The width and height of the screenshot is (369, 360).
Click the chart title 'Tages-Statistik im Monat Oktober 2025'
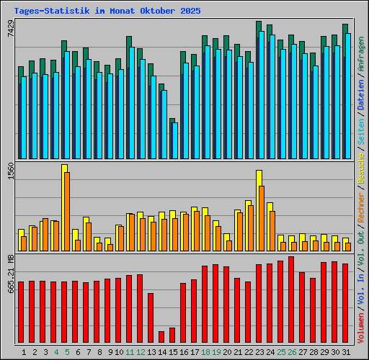pos(107,11)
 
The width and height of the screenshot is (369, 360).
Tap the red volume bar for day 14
pos(161,337)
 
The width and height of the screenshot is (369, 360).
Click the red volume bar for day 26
pos(291,300)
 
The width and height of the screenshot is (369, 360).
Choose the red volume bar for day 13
pos(151,318)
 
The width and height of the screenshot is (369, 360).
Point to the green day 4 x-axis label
pos(56,352)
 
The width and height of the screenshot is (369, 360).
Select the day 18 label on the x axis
pos(205,352)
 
